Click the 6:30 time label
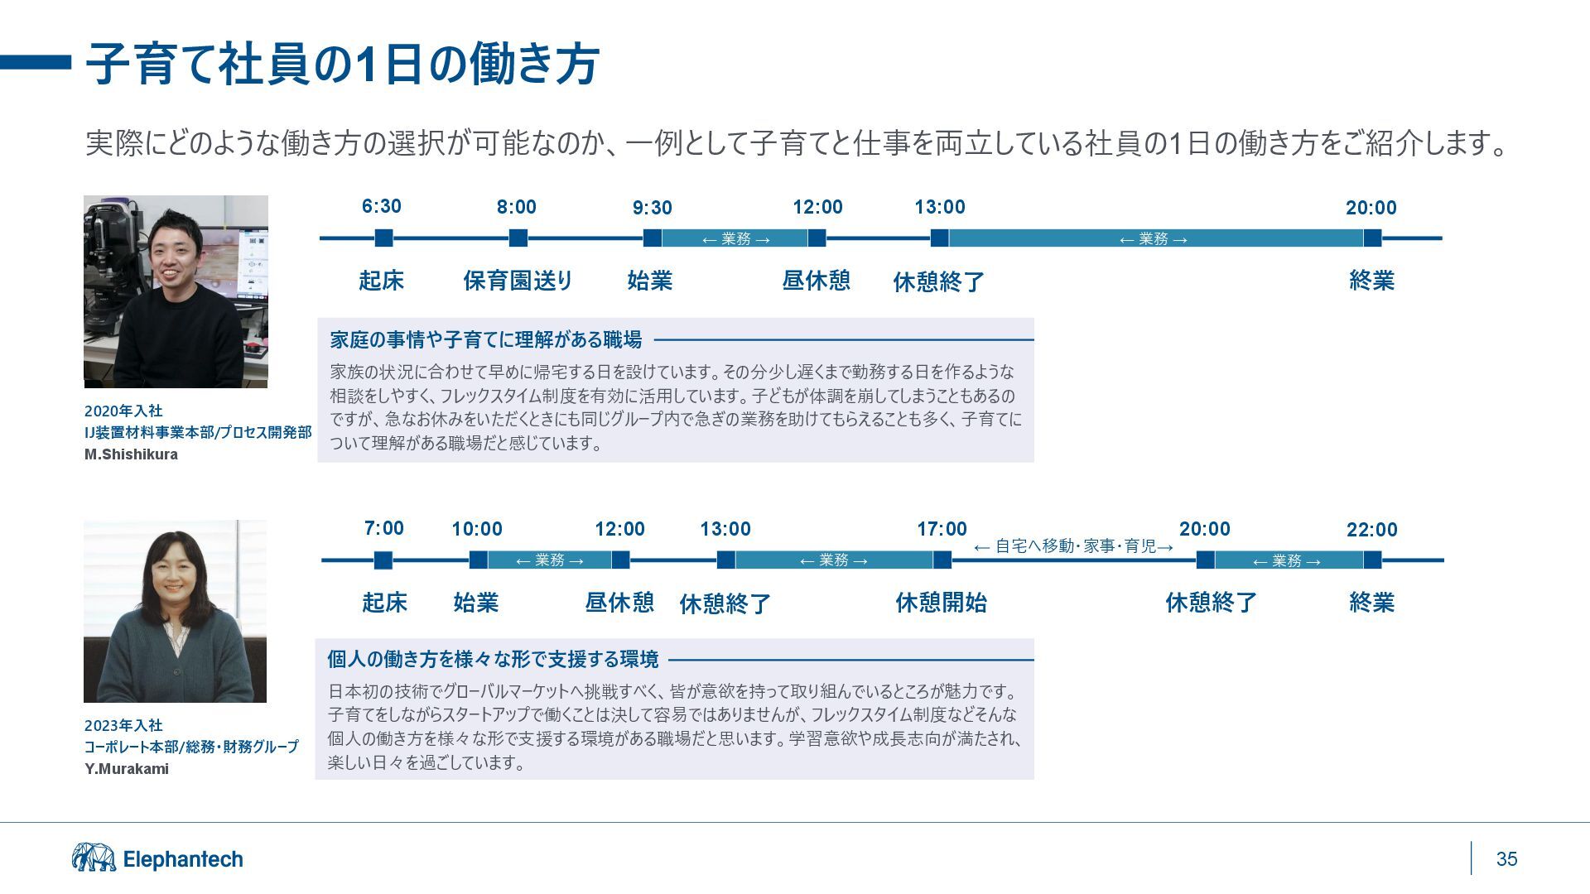(x=381, y=206)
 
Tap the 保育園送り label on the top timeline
(x=518, y=281)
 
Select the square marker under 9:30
(x=652, y=238)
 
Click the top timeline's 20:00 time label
(x=1371, y=208)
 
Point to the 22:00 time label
(x=1371, y=530)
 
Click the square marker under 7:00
(x=383, y=560)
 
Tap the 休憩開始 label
(x=941, y=603)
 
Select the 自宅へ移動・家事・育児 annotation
(x=1074, y=546)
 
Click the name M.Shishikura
(x=131, y=454)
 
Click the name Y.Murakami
(x=127, y=769)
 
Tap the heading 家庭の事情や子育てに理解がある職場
(x=486, y=339)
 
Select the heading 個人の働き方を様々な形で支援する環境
(x=493, y=660)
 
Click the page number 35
(x=1506, y=859)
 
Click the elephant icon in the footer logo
(x=94, y=858)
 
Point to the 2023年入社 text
(x=123, y=726)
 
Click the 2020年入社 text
(x=123, y=411)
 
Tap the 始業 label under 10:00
(x=475, y=603)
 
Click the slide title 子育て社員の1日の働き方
(x=342, y=64)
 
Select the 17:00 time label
(x=942, y=529)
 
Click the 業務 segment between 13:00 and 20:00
(x=1153, y=239)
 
